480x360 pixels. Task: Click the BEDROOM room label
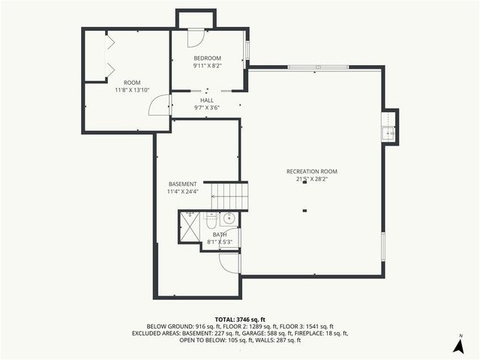(x=208, y=58)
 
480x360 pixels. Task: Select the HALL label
(x=207, y=100)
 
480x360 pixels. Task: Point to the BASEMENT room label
(x=182, y=184)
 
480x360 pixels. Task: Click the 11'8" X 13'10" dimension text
(x=132, y=90)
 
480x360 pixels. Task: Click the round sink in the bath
(x=229, y=219)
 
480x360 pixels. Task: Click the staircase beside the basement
(x=229, y=196)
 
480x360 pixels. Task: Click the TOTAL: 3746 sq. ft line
(x=239, y=319)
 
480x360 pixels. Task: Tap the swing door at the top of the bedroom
(x=194, y=37)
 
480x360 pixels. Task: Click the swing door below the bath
(x=228, y=263)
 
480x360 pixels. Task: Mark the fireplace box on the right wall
(x=388, y=127)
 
